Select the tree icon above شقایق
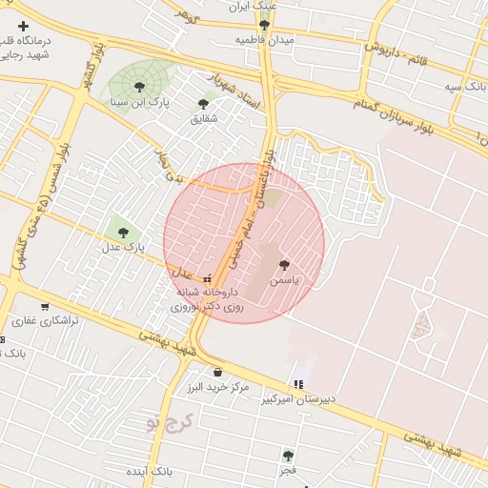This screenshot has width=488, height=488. click(203, 103)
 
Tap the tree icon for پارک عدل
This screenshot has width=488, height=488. click(121, 231)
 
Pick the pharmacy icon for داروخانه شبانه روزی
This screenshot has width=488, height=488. click(208, 278)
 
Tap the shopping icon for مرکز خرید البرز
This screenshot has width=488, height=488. click(218, 372)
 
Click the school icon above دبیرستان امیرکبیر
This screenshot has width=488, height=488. click(299, 384)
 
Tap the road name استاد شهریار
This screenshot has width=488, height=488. click(235, 94)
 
